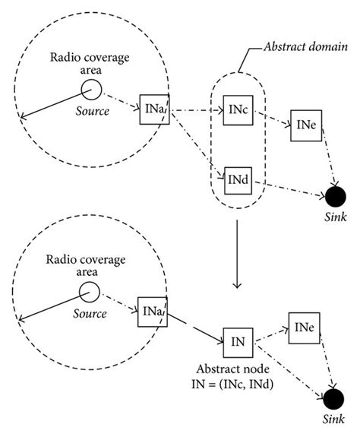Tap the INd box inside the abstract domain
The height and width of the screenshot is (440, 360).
(237, 179)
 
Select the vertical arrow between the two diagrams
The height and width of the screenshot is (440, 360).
(238, 255)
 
